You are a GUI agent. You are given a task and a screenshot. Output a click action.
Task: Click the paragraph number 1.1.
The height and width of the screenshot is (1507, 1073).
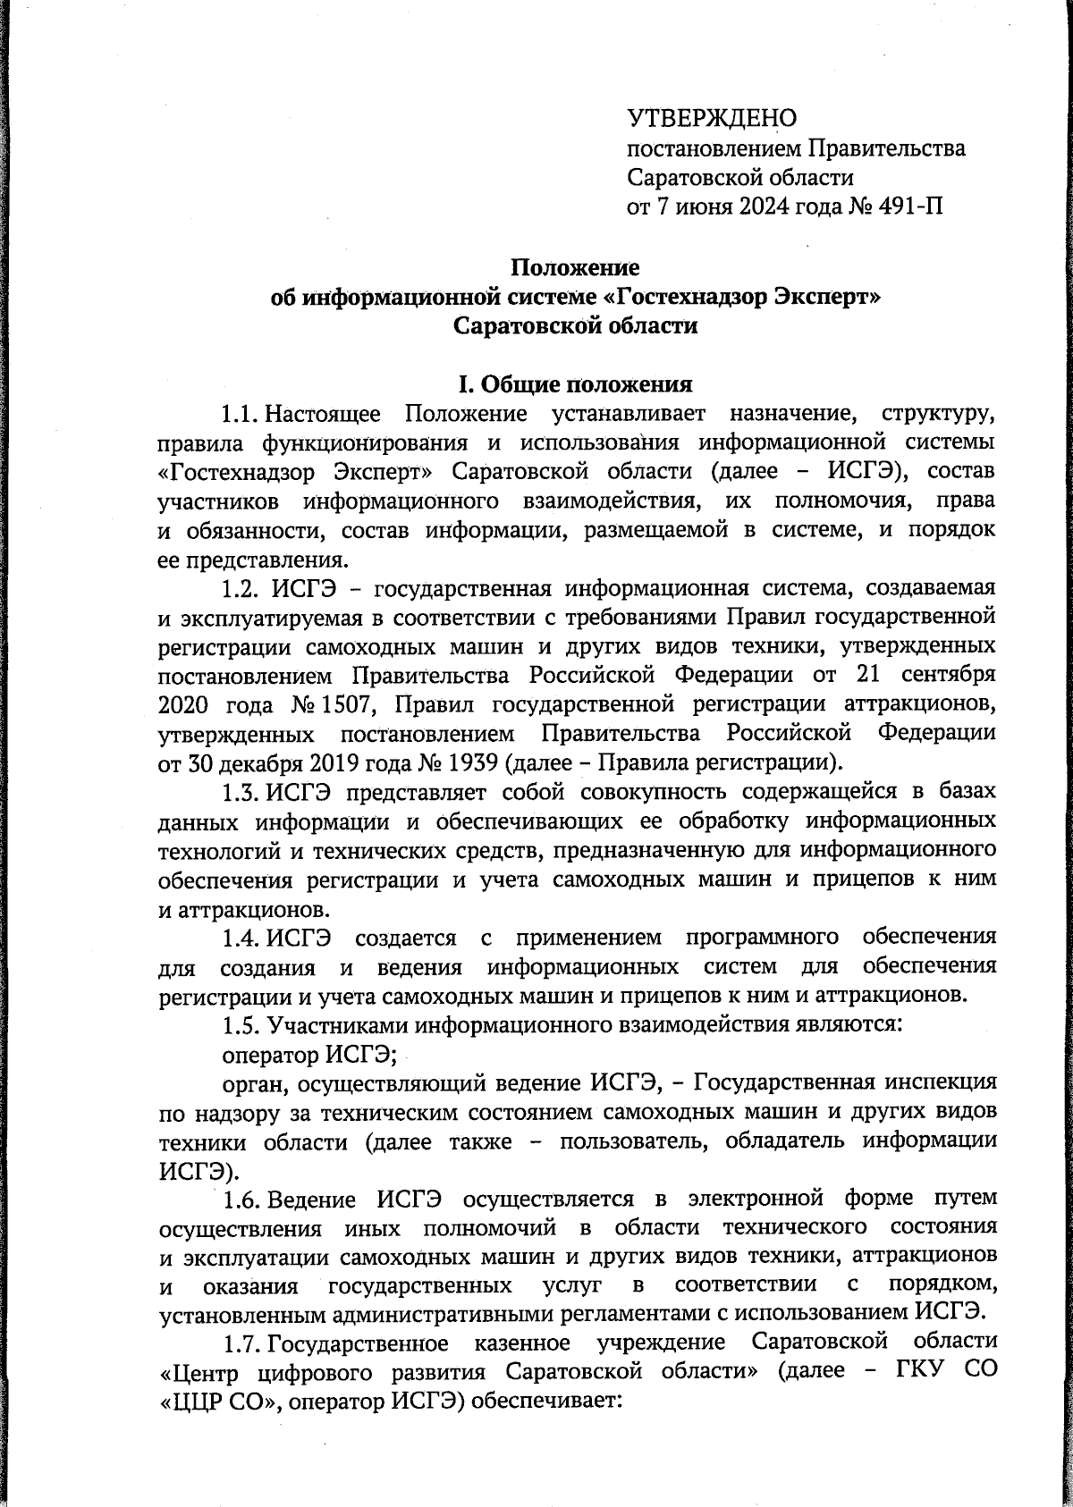(x=241, y=415)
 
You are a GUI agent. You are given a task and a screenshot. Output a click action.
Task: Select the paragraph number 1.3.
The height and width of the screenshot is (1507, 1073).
(x=241, y=793)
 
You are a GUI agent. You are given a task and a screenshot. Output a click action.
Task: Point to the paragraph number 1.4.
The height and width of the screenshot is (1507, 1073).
(x=241, y=938)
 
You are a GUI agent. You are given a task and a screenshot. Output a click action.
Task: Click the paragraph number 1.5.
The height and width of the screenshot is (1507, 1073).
(x=241, y=1025)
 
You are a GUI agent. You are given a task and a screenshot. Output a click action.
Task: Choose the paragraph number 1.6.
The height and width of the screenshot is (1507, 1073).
(x=241, y=1200)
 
